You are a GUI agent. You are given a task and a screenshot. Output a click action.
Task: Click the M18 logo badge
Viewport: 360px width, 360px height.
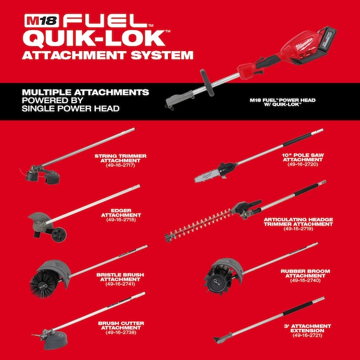[41, 20]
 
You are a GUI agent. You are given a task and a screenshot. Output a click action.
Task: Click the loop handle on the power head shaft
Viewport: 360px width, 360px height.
[207, 82]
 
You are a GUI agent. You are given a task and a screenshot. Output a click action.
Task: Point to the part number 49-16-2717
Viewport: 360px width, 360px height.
[121, 166]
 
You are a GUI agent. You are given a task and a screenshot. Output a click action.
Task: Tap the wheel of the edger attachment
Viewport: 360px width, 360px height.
[59, 235]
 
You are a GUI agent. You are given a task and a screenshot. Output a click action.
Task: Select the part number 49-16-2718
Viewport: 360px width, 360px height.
[121, 220]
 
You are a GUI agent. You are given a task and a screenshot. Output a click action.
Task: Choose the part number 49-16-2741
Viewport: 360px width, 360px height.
[121, 284]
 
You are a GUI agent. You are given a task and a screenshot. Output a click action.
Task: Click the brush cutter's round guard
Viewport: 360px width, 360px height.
[56, 340]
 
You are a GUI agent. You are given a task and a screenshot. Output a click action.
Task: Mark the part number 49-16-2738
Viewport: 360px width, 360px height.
[121, 332]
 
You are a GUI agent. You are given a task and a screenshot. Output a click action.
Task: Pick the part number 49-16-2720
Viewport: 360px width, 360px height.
[303, 164]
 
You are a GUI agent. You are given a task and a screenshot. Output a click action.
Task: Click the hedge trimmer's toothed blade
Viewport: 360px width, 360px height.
[197, 226]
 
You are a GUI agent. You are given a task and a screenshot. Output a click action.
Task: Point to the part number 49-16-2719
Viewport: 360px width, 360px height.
[298, 229]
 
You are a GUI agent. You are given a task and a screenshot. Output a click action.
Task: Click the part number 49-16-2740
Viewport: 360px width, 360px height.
[305, 280]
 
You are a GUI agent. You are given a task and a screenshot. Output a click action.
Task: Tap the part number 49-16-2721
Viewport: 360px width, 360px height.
[307, 335]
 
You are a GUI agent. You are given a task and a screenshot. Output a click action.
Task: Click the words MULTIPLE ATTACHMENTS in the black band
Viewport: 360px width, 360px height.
[85, 92]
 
